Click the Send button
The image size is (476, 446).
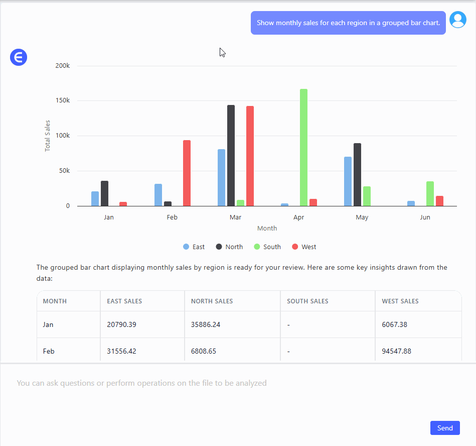(445, 428)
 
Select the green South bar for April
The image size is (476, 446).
(303, 147)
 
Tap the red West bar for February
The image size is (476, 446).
(187, 173)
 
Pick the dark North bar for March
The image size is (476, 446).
(231, 155)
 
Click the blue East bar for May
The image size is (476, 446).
(348, 181)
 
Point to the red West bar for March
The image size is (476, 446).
(250, 156)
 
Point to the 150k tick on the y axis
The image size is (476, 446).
(62, 100)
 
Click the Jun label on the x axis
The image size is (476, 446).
(425, 217)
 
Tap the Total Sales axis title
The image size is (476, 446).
(48, 136)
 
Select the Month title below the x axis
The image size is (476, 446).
(267, 228)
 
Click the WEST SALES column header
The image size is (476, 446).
(400, 301)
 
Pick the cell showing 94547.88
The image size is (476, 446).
(396, 351)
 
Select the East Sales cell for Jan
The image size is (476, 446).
(121, 324)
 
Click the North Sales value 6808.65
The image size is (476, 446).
(204, 351)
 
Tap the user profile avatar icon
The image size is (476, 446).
(457, 20)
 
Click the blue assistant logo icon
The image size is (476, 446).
(19, 58)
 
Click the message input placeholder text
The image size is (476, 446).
(141, 383)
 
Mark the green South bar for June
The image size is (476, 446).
(430, 193)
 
